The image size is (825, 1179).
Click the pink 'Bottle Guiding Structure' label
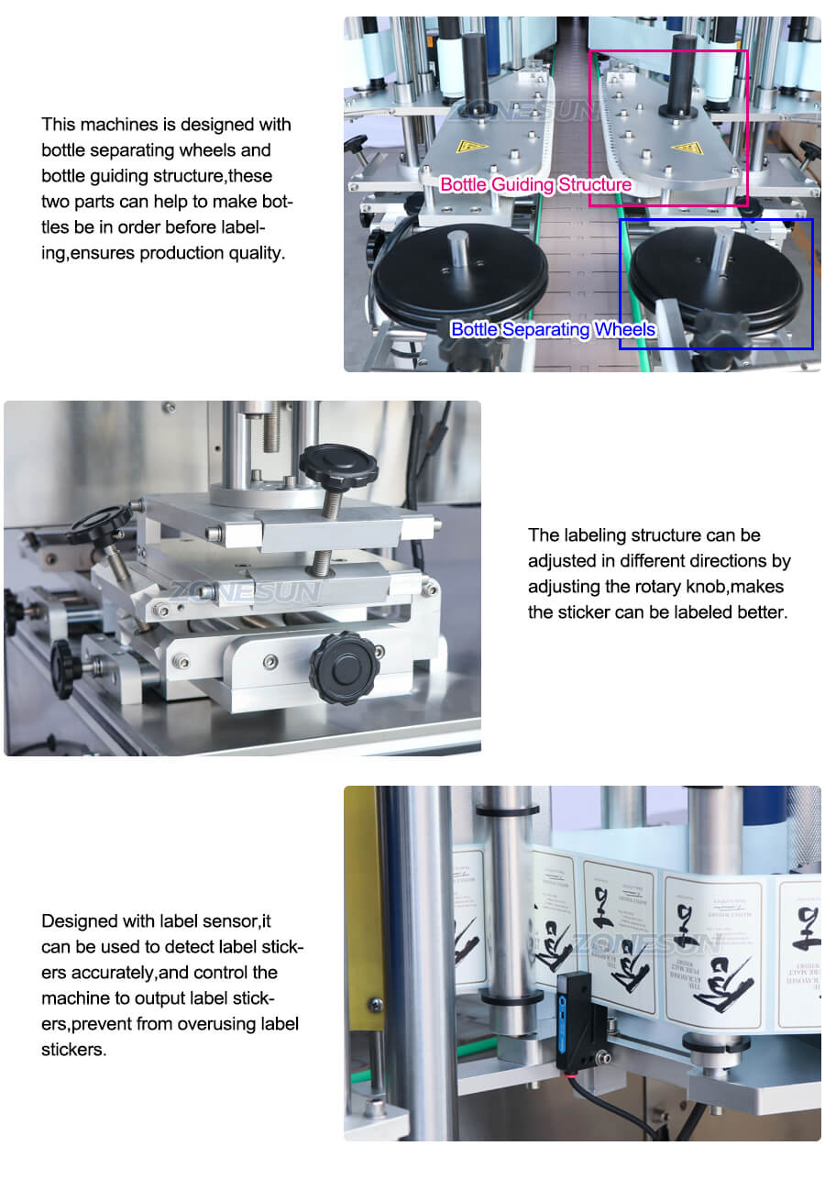(535, 185)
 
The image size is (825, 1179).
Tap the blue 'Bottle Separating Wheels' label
(553, 329)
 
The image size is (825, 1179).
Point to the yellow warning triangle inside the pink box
(686, 148)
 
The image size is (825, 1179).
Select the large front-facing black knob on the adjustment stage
(344, 667)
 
